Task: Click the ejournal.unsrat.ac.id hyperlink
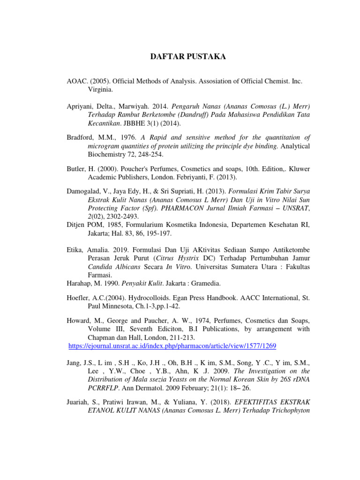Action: point(172,346)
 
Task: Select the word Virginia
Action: point(101,89)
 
